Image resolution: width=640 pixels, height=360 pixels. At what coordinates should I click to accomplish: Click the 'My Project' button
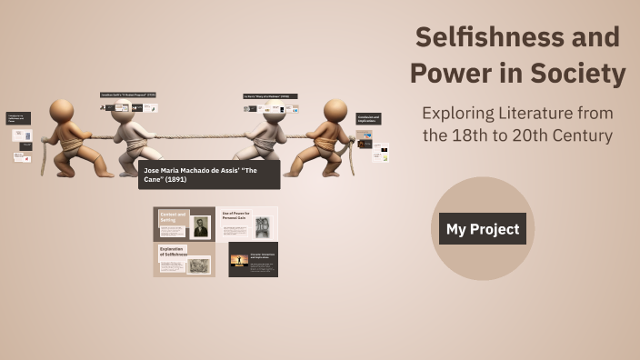pos(482,229)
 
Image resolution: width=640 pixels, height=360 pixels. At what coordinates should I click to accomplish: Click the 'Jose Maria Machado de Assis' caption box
pos(209,175)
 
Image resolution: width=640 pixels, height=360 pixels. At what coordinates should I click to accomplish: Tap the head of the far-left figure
pos(62,111)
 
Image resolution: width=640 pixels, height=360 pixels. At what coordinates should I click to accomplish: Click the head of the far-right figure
pos(335,110)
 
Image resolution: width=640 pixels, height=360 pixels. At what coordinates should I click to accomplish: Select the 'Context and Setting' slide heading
pos(173,218)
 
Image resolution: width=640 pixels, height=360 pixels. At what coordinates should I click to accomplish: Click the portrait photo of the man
pos(200,227)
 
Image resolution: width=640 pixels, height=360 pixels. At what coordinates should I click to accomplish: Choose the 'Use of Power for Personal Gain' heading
pos(235,218)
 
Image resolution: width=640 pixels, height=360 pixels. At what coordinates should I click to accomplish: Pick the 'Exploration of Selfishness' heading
pos(173,252)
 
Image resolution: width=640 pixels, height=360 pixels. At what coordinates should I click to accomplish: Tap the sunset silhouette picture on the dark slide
pos(240,260)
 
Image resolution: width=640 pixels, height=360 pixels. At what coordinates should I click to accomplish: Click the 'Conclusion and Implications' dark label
pos(368,118)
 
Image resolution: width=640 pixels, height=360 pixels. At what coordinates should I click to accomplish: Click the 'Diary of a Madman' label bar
pos(270,95)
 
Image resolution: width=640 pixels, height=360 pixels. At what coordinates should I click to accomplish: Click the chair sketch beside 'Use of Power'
pos(263,226)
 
